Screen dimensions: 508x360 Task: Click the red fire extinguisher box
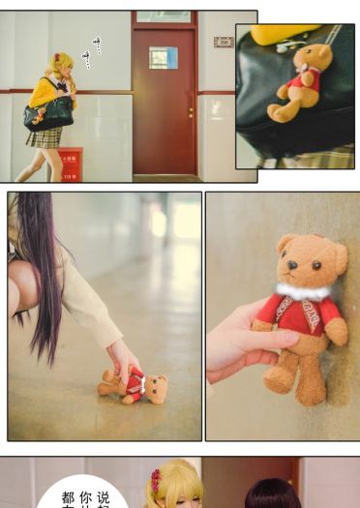pos(71,164)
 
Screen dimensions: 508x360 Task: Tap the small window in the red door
pos(163,58)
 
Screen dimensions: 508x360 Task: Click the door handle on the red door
pos(190,109)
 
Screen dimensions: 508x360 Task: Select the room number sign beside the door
pos(224,43)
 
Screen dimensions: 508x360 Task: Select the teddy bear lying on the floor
pos(133,386)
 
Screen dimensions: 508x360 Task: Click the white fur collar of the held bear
pos(304,289)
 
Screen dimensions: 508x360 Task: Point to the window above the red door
pos(164,16)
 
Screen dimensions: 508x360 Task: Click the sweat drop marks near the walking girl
pos(92,50)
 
